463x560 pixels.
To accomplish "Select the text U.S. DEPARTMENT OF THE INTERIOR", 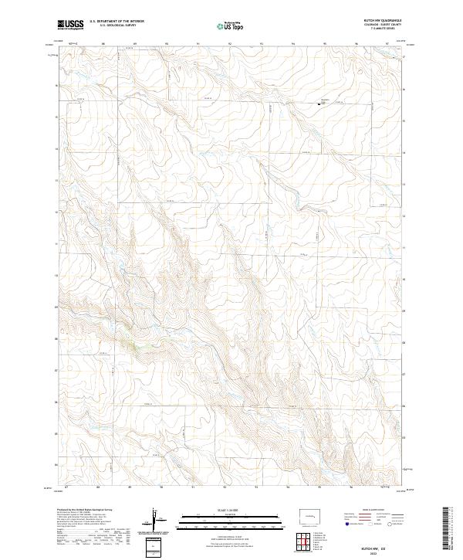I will pyautogui.click(x=117, y=22).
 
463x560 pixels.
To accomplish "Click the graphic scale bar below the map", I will pyautogui.click(x=231, y=519).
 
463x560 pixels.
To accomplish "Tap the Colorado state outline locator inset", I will pyautogui.click(x=309, y=515).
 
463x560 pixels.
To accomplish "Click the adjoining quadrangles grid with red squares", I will pyautogui.click(x=304, y=544).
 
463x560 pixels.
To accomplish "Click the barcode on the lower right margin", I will pyautogui.click(x=448, y=529).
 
